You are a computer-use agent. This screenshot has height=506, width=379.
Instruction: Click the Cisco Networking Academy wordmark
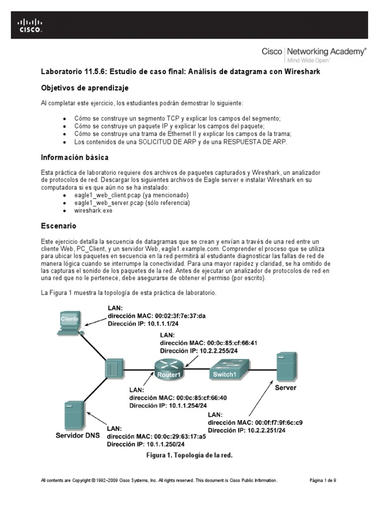coord(314,52)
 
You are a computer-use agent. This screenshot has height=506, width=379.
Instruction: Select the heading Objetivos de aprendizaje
coord(84,87)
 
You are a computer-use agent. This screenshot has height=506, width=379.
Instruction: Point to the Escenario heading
coord(58,225)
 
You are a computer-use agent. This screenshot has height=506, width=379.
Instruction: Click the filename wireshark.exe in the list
coord(93,210)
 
